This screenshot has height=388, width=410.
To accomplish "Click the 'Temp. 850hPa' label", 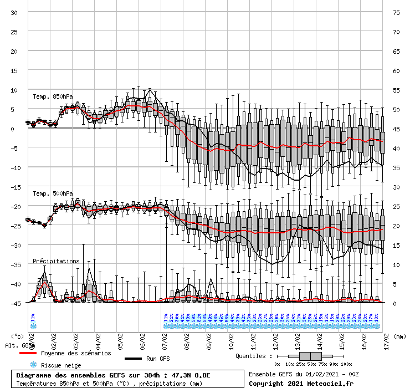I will click(53, 96).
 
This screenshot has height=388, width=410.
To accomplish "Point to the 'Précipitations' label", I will click(56, 261).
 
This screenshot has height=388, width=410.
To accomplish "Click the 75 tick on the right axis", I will click(396, 13).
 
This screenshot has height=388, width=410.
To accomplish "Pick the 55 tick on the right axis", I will click(396, 90).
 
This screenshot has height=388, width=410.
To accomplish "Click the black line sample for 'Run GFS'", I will click(133, 359).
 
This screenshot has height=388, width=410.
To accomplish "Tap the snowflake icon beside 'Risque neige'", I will click(33, 365).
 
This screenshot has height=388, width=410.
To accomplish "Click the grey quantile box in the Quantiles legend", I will click(311, 356).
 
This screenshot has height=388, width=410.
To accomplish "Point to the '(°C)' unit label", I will click(18, 336).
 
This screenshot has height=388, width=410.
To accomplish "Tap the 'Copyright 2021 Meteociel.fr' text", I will click(301, 383).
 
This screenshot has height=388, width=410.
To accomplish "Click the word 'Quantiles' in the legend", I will click(252, 356).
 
